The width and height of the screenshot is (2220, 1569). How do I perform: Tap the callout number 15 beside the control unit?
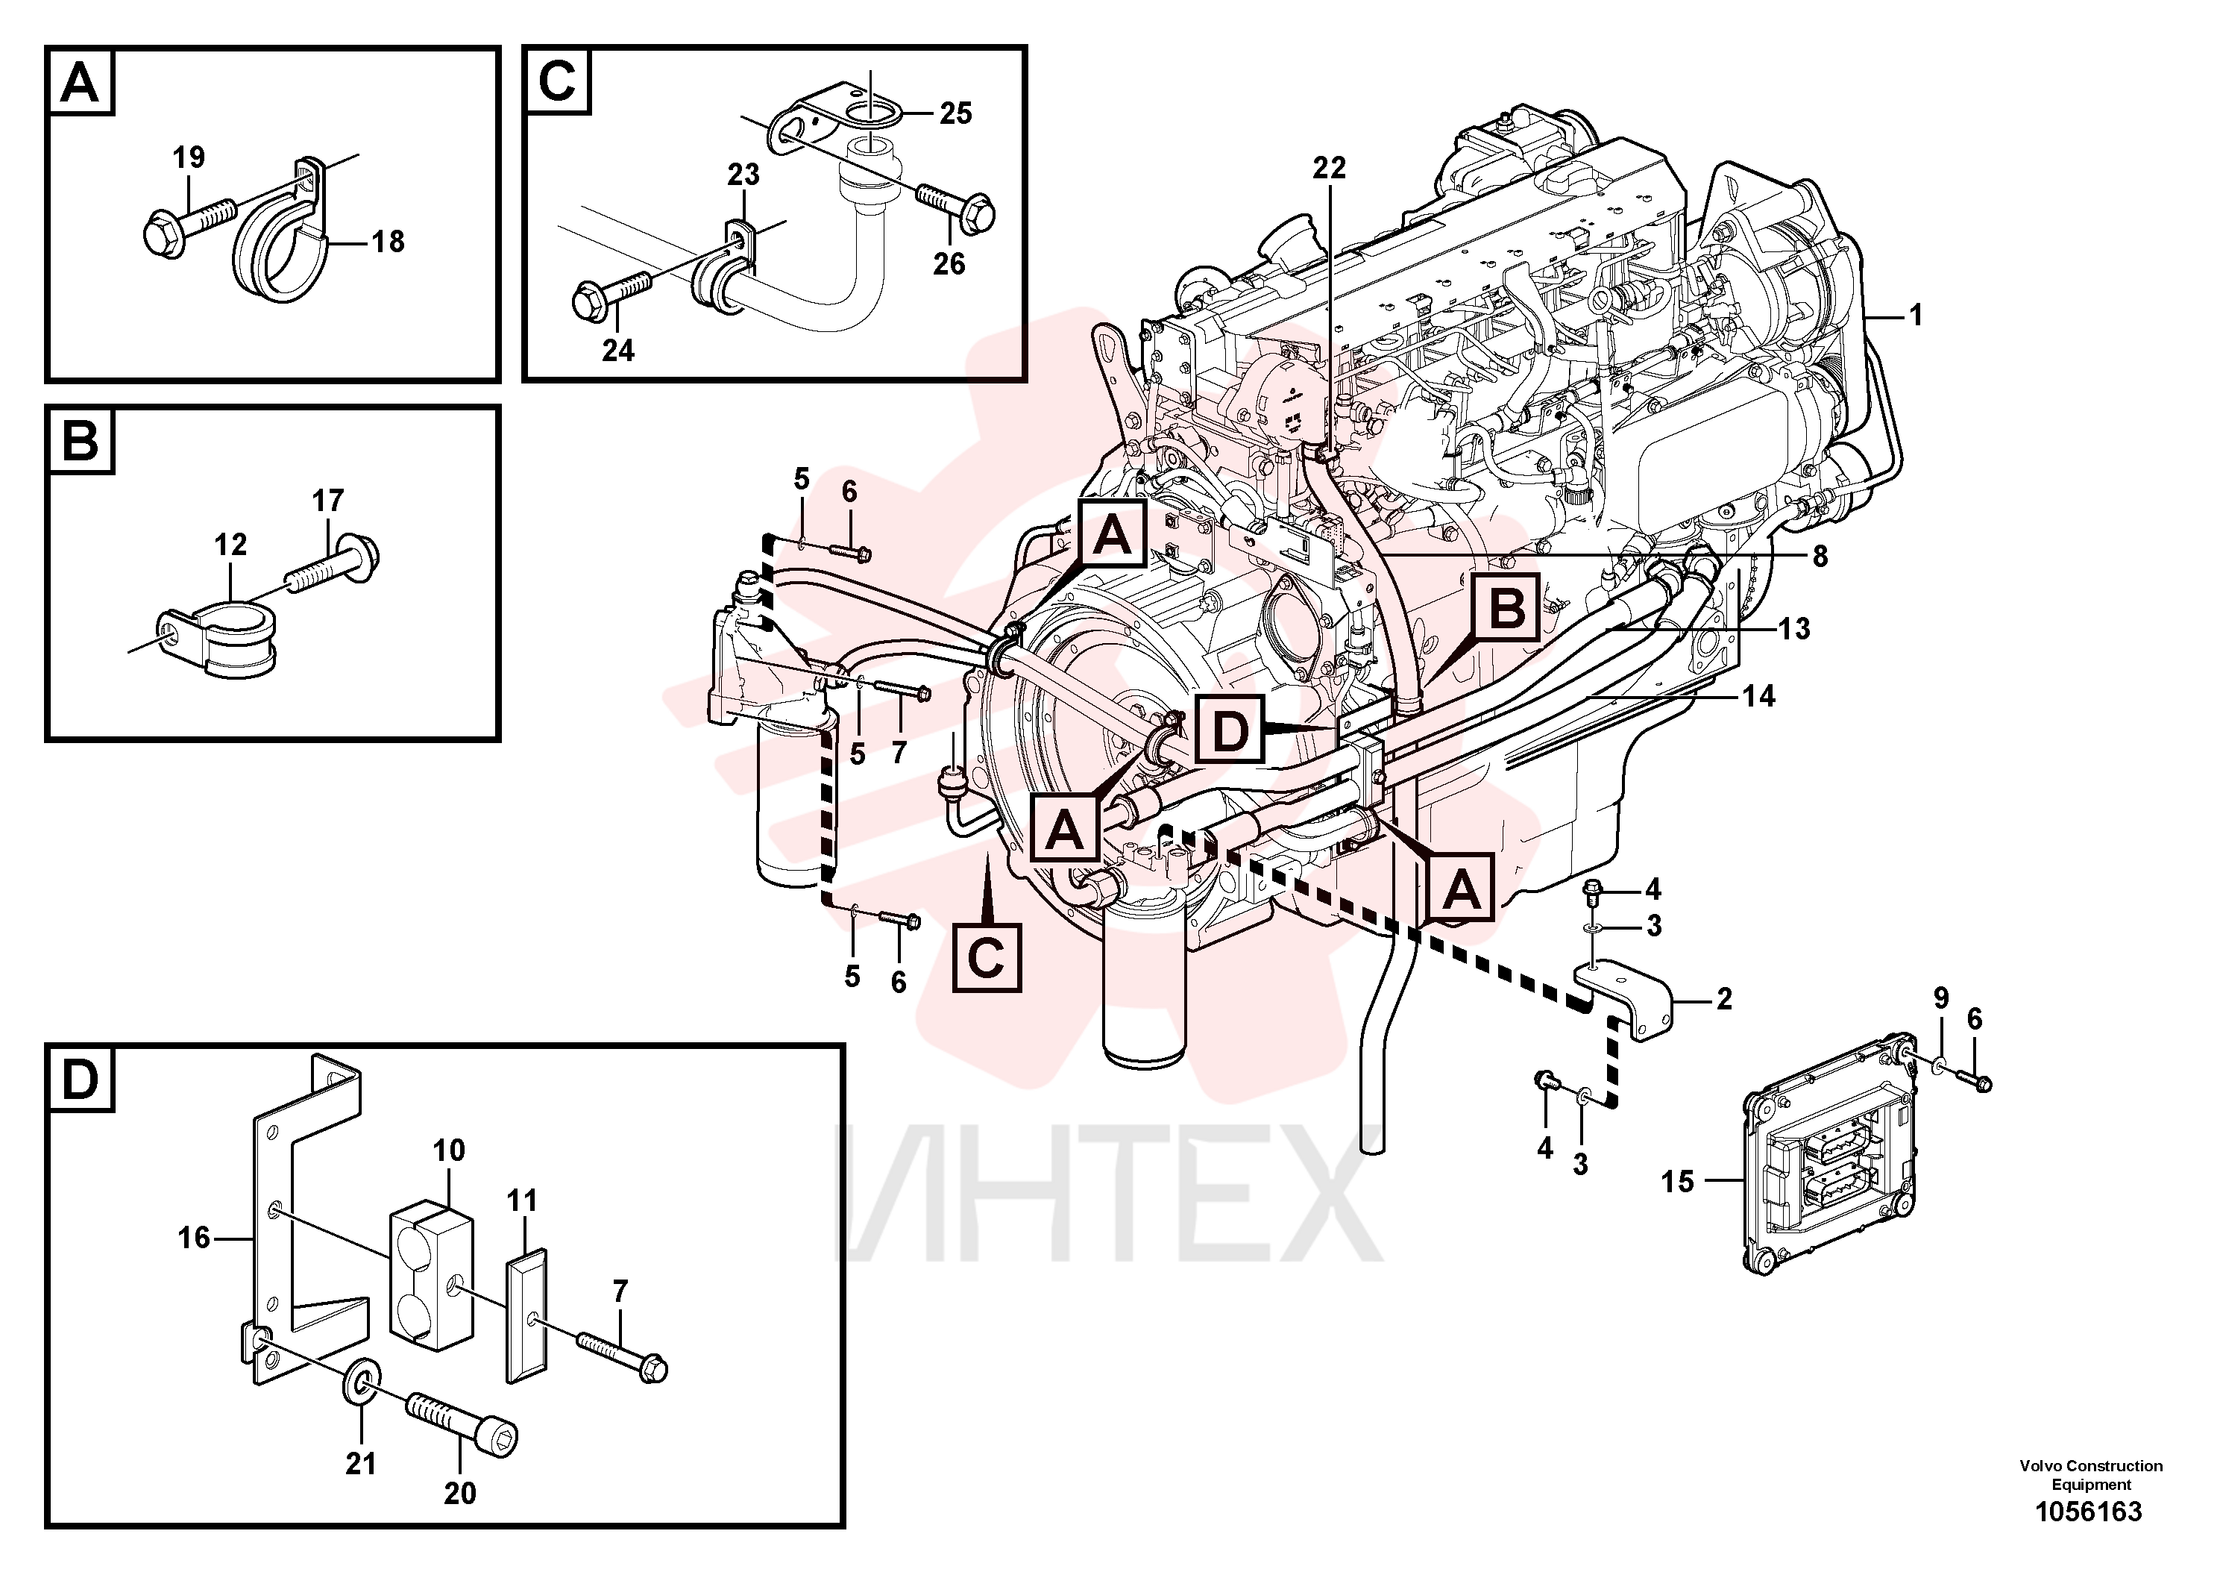[x=1678, y=1181]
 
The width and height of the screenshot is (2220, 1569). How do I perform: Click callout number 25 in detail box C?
[x=955, y=113]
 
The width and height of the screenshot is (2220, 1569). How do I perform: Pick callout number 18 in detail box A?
[x=388, y=241]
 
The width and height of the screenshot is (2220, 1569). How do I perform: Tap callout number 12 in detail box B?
[x=230, y=545]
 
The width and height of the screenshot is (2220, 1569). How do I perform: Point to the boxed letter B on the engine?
[x=1506, y=610]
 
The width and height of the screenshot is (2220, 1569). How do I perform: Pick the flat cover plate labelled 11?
[x=527, y=1315]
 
